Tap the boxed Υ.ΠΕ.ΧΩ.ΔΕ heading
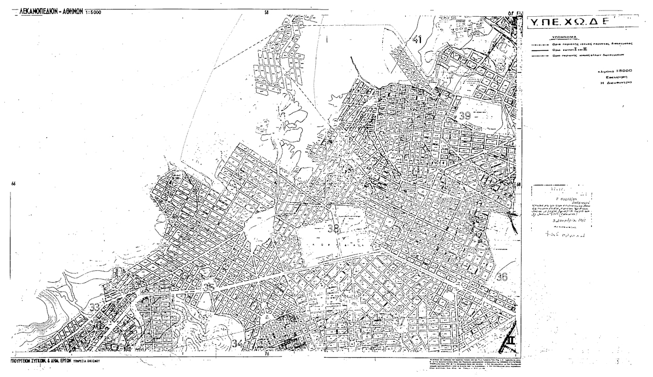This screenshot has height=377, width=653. [565, 23]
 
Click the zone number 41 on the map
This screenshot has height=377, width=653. [417, 39]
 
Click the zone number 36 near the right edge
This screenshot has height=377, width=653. [502, 277]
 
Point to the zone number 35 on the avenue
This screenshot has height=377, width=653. [209, 287]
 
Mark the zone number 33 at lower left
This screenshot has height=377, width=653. [96, 307]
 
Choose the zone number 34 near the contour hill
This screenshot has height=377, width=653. [237, 344]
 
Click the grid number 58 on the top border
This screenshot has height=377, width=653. [267, 12]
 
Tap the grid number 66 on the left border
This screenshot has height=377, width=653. [13, 184]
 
